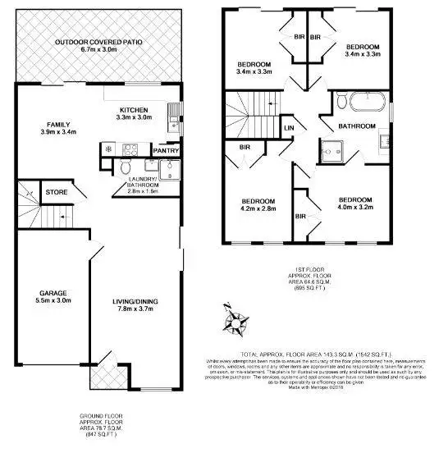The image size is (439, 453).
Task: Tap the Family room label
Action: (57, 126)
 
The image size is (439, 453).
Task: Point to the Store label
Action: (56, 192)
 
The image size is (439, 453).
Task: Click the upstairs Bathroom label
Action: (358, 126)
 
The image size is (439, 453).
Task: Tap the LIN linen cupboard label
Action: (289, 128)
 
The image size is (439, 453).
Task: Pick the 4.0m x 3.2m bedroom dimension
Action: (354, 208)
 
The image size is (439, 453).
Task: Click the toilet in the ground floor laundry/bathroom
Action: (124, 168)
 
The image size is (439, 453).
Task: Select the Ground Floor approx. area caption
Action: (98, 428)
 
